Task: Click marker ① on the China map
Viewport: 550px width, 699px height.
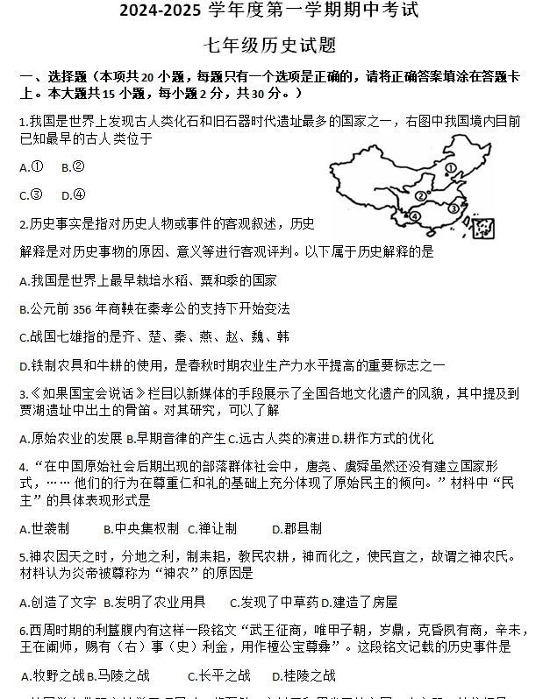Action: pyautogui.click(x=450, y=168)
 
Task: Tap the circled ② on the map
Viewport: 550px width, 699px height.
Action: pyautogui.click(x=422, y=196)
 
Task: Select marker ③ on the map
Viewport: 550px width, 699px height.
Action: pyautogui.click(x=453, y=208)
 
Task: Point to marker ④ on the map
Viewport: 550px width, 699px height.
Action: pyautogui.click(x=415, y=216)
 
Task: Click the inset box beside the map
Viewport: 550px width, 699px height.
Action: pyautogui.click(x=482, y=228)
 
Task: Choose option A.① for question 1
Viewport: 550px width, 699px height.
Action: pyautogui.click(x=32, y=166)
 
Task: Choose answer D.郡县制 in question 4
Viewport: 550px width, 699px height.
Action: pyautogui.click(x=296, y=528)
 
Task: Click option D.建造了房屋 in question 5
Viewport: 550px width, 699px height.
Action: pyautogui.click(x=359, y=602)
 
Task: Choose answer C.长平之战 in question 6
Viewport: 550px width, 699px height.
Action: pyautogui.click(x=219, y=675)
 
